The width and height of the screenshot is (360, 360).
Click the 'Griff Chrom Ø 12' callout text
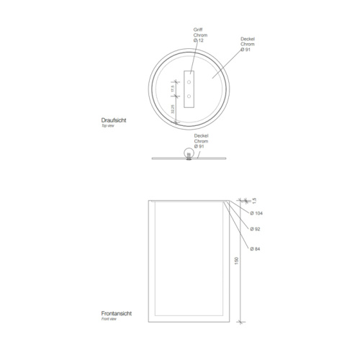point(198,35)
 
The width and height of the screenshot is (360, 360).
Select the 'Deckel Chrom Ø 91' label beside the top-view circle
point(248,44)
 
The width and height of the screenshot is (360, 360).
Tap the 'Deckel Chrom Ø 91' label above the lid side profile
point(201,140)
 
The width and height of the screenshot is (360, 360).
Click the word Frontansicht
point(115,315)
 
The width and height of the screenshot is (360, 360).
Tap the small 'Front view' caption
point(109,320)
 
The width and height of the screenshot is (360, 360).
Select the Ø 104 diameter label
point(256,214)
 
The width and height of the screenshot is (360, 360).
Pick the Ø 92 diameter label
point(255,230)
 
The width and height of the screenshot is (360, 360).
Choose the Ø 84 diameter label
point(255,249)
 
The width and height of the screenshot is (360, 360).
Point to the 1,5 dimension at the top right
point(253,202)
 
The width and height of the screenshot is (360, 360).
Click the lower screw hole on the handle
point(189,95)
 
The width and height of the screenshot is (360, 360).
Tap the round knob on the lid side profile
point(189,152)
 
